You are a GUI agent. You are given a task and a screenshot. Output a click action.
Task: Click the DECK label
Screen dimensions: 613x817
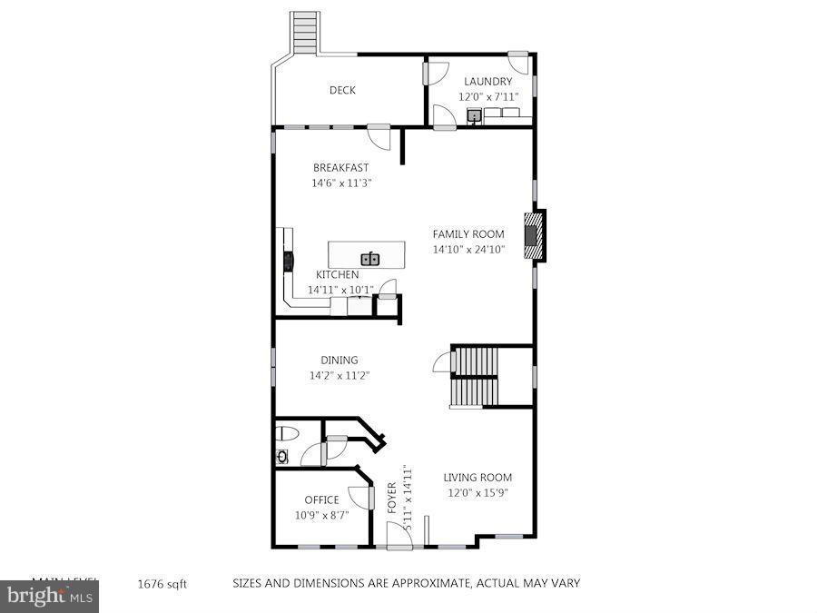click(x=342, y=90)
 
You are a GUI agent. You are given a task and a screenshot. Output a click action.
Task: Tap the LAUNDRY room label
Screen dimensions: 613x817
click(x=487, y=82)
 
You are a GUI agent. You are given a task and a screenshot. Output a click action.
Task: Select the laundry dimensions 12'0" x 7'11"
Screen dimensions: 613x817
click(x=487, y=96)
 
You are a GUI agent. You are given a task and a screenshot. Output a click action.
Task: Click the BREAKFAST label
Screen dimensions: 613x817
click(x=340, y=167)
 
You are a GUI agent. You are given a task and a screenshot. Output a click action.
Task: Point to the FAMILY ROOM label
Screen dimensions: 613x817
click(x=468, y=234)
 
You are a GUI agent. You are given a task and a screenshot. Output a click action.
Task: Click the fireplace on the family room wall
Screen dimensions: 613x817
click(x=535, y=236)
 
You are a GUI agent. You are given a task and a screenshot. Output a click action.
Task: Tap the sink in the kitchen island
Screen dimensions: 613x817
click(x=369, y=259)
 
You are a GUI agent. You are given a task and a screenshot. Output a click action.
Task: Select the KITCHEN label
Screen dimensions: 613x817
click(x=337, y=275)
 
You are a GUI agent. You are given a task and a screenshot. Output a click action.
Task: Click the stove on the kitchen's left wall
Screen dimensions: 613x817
click(x=290, y=262)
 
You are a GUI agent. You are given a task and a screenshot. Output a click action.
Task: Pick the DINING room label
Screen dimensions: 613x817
click(x=339, y=360)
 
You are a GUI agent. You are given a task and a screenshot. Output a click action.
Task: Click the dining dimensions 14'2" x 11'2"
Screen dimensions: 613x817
click(x=339, y=375)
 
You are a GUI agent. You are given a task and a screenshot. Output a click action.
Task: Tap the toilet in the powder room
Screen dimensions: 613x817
click(x=283, y=432)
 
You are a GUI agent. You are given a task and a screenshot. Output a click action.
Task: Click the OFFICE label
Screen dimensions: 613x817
click(x=321, y=499)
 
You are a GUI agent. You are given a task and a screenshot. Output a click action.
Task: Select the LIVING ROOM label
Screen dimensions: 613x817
click(x=477, y=478)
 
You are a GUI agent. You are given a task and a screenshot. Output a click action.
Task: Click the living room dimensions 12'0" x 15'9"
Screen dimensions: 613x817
click(x=477, y=493)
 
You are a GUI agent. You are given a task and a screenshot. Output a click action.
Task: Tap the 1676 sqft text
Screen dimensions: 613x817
click(x=162, y=584)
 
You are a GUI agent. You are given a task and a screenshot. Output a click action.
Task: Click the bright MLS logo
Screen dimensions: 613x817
click(x=49, y=597)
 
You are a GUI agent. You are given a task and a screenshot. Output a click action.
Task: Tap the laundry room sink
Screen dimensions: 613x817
click(x=474, y=115)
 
